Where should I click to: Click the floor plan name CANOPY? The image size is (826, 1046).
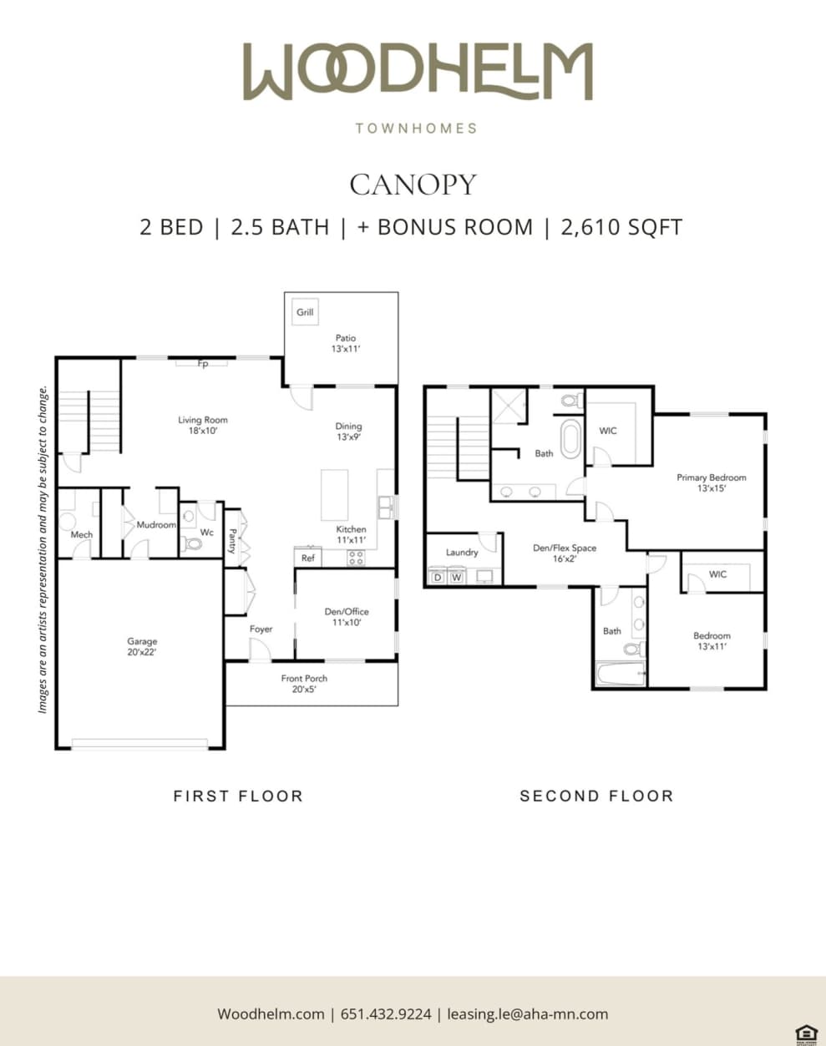pos(413,184)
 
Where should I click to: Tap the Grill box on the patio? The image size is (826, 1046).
pos(305,312)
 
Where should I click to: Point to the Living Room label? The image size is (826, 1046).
pos(202,426)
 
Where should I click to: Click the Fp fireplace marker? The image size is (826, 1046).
pos(202,364)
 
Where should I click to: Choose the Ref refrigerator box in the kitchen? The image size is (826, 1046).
pos(308,558)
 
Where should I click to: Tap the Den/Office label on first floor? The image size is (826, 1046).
pos(347,617)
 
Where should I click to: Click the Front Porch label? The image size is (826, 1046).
pos(304,684)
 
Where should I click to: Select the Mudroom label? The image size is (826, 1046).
pos(156,525)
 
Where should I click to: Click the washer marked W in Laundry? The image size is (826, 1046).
pos(457,577)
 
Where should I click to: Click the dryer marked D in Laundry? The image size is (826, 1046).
pos(437,577)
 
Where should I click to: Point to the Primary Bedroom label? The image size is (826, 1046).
pos(711,483)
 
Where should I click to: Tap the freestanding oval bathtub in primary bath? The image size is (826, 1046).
pos(570,439)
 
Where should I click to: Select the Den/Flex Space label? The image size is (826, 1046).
pos(565,553)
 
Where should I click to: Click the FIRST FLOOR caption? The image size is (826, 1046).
pos(238,796)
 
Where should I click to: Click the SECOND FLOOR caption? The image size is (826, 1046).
pos(596,796)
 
